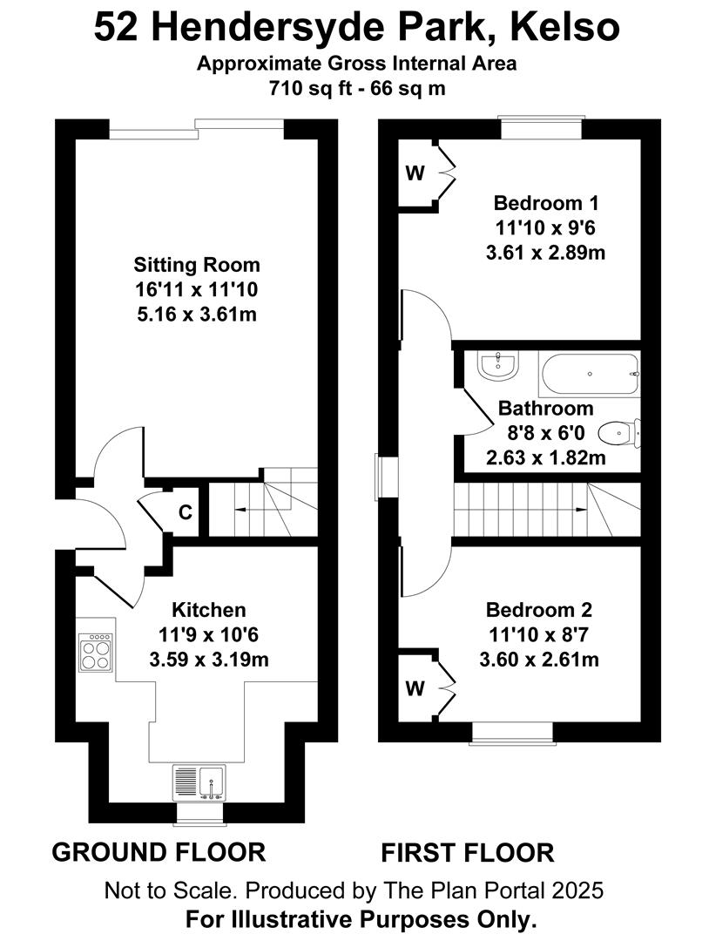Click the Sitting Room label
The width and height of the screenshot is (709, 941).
[197, 265]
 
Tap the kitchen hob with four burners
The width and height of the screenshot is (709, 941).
[96, 652]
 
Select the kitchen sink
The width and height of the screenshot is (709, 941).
[199, 782]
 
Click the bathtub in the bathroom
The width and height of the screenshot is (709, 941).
[591, 375]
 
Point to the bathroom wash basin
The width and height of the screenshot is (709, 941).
[497, 365]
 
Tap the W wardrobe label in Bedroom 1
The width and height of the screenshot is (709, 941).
[415, 173]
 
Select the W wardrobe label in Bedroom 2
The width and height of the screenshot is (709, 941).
[415, 688]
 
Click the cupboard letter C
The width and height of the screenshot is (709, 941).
[186, 512]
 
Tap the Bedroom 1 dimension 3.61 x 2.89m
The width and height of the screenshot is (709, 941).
[545, 253]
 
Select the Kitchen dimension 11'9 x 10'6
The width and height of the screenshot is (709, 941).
[209, 634]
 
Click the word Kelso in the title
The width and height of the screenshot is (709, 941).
[564, 27]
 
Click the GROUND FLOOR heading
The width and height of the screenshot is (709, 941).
[159, 852]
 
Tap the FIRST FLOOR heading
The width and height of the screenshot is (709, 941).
[467, 853]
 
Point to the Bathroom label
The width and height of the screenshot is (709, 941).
[546, 408]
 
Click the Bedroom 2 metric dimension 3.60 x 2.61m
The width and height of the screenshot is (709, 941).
[539, 660]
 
